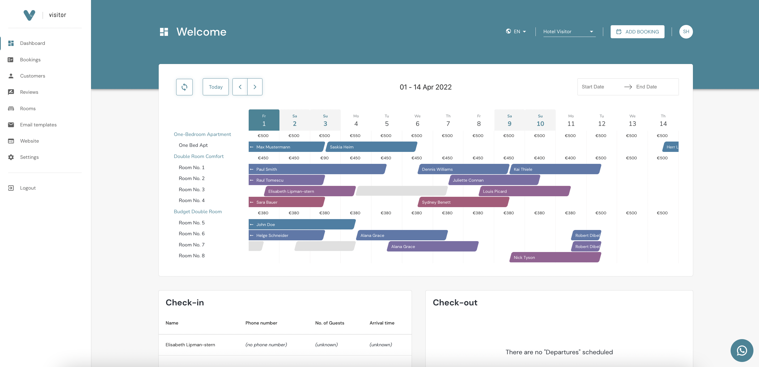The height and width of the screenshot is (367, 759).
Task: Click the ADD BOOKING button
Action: click(x=637, y=32)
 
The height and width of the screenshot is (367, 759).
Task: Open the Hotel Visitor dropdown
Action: click(x=569, y=32)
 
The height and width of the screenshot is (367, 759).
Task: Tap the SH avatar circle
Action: click(x=686, y=32)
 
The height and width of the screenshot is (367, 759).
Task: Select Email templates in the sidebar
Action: click(x=38, y=125)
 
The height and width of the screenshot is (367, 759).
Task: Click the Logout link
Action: click(x=28, y=188)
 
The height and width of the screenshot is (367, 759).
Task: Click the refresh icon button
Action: click(x=184, y=87)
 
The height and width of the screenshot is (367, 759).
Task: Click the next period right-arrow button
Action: click(x=255, y=87)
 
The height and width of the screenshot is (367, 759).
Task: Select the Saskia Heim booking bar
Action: click(x=371, y=147)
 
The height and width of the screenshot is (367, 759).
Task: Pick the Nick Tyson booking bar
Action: click(x=555, y=257)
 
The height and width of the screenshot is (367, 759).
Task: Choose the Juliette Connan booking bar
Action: click(x=494, y=180)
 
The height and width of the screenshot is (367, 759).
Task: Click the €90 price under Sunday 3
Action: click(x=324, y=158)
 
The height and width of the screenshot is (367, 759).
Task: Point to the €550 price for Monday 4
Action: click(x=355, y=136)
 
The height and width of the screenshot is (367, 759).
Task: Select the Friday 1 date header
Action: click(x=264, y=120)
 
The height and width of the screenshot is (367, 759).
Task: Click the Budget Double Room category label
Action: click(x=197, y=212)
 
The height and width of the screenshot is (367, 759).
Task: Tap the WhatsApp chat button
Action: click(x=741, y=350)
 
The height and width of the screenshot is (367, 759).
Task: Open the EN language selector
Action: click(x=516, y=32)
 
